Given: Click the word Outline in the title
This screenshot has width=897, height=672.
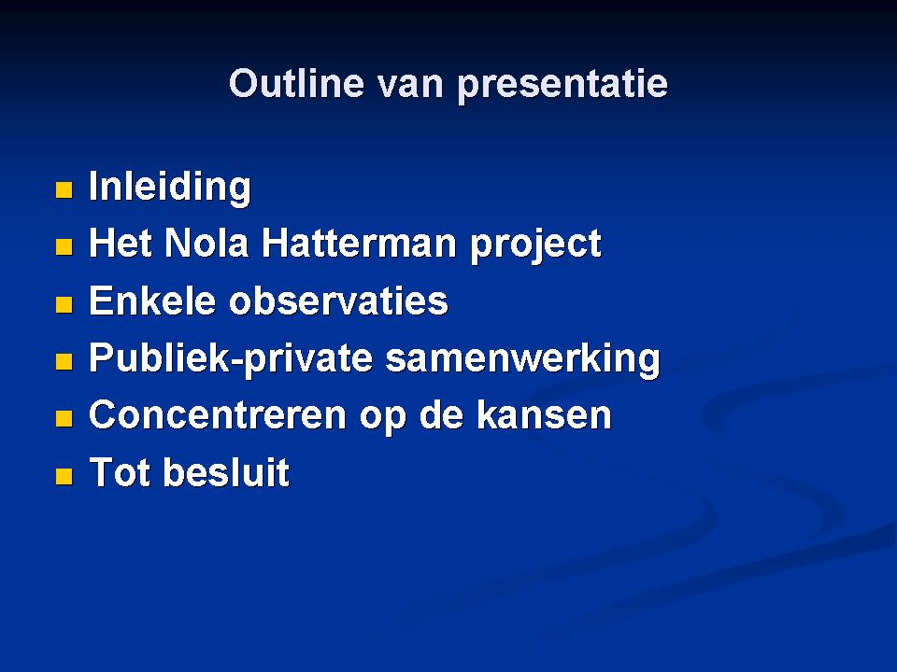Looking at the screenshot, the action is (x=296, y=83).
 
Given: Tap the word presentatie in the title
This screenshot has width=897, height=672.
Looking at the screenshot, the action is (x=562, y=86).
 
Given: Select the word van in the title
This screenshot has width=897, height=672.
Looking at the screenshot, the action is (x=410, y=86).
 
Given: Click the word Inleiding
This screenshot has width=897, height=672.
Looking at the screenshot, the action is (x=170, y=188).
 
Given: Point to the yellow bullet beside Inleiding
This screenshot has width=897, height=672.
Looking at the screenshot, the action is (x=64, y=189).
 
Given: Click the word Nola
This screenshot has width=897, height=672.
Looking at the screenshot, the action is (x=206, y=243).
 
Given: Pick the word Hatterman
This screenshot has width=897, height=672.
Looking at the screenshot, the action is (x=359, y=243).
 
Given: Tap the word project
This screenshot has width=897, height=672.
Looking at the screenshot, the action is (x=535, y=245).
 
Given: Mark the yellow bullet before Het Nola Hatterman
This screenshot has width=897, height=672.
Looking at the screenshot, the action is (x=64, y=246).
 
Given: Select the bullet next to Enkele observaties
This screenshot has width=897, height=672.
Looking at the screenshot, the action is (x=64, y=304).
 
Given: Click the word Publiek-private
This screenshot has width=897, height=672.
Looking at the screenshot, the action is (x=231, y=359).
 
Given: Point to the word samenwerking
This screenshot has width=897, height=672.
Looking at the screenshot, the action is (x=523, y=359).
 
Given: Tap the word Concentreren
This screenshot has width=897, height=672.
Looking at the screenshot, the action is (x=218, y=414).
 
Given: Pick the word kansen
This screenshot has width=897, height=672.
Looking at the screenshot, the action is (x=544, y=414).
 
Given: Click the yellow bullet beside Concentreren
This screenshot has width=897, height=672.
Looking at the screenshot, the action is (x=64, y=418).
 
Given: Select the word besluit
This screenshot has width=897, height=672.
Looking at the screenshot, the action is (x=226, y=471).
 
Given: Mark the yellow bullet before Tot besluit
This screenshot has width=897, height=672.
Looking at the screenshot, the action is (x=64, y=475).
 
